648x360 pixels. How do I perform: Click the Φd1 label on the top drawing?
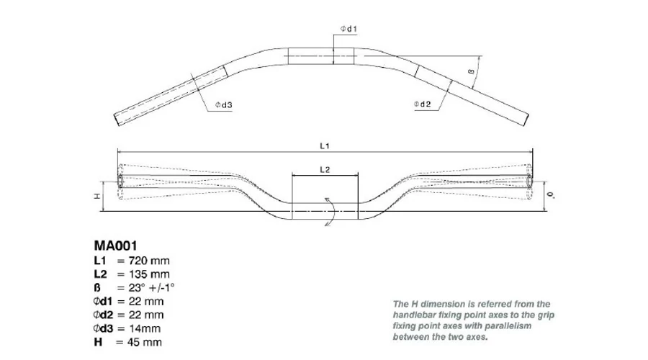tap(348, 29)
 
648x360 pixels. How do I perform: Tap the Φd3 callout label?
tap(224, 105)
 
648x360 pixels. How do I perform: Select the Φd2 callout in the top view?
tap(423, 104)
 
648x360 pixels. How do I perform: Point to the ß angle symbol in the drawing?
tap(471, 71)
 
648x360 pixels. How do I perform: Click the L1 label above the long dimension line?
tap(325, 146)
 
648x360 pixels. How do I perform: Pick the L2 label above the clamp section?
tap(325, 169)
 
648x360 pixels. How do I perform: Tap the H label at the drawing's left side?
tap(97, 196)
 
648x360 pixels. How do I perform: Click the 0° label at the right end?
tap(551, 194)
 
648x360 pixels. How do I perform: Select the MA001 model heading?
tap(115, 246)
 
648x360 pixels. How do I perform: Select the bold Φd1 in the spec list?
tap(103, 301)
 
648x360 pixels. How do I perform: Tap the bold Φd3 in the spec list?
tap(103, 328)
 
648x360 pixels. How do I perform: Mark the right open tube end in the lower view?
tap(529, 181)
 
